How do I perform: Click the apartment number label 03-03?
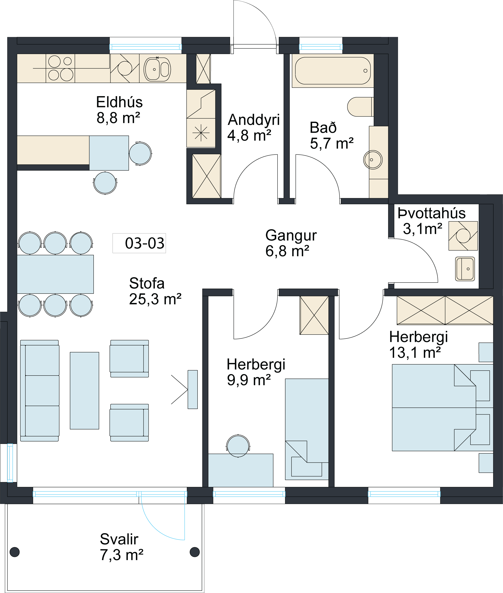tap(145, 243)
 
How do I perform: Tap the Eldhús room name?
tap(119, 102)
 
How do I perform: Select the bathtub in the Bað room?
tap(333, 71)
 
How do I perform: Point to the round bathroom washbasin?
tap(373, 160)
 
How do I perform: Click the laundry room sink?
tap(465, 269)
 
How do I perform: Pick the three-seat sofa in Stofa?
tap(40, 391)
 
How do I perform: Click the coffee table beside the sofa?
tap(84, 391)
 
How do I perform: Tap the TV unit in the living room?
tap(193, 390)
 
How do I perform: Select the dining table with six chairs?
tap(55, 274)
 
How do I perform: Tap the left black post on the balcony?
tap(15, 552)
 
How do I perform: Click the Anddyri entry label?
tap(253, 119)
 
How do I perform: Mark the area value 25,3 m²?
tap(155, 299)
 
